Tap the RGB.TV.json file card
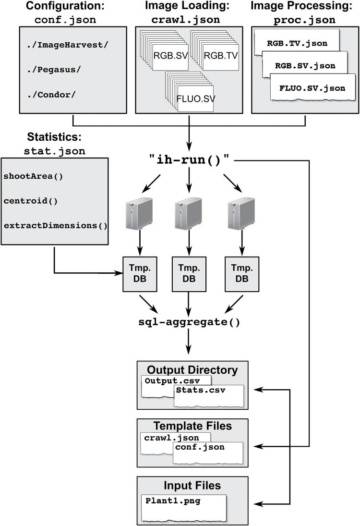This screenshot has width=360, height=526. coord(297,44)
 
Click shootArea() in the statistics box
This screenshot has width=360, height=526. coord(33,175)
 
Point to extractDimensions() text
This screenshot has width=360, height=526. coord(56,225)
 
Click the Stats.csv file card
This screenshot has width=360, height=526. coord(208,395)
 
